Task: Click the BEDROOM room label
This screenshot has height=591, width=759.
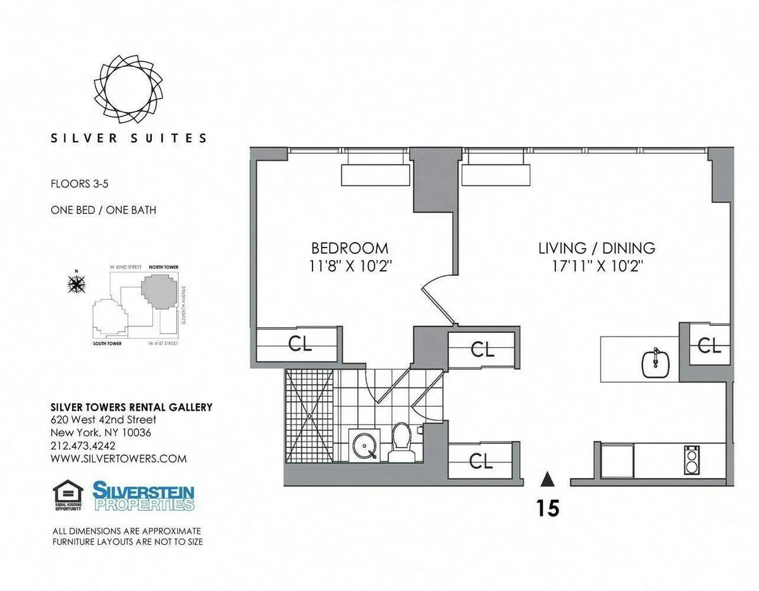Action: point(349,247)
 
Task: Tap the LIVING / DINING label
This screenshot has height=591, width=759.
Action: point(596,247)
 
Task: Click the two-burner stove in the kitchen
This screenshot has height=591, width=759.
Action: point(691,460)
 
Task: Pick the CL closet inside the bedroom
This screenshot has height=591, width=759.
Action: point(300,344)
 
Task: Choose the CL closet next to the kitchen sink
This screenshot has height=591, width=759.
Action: point(708,345)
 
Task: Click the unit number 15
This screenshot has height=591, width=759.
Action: point(548,507)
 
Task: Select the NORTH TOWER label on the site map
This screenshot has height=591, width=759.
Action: point(163,268)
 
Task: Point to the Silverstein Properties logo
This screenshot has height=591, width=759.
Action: point(144,497)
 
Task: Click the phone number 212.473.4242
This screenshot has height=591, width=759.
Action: point(83,446)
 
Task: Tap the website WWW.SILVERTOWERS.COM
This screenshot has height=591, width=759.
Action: point(118,459)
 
